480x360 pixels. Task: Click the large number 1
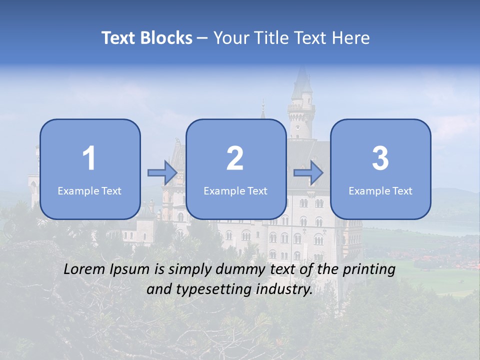(x=89, y=158)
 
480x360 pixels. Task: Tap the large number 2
(x=235, y=158)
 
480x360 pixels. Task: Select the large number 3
(x=380, y=158)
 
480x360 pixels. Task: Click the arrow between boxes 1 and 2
(x=162, y=172)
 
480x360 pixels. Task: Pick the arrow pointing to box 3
(x=308, y=172)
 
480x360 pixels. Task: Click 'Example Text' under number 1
(x=89, y=190)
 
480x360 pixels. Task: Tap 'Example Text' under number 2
(x=235, y=190)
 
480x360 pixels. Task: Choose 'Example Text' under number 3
(x=380, y=190)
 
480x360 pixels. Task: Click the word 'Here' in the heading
(x=351, y=38)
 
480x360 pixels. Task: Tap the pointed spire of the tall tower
(x=301, y=75)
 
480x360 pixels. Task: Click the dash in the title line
(x=203, y=38)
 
